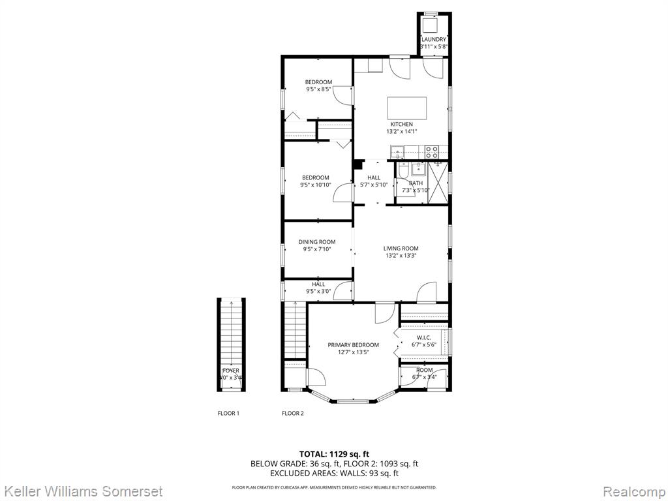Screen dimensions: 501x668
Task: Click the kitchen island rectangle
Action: point(407,106)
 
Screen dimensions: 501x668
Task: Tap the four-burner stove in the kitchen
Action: point(431,152)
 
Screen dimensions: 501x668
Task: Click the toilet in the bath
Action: point(402,172)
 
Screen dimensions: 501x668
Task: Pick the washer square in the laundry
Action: point(431,25)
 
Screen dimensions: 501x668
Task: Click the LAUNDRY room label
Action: point(434,40)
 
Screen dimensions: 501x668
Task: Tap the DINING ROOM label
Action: point(317,242)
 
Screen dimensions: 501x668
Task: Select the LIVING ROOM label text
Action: point(401,248)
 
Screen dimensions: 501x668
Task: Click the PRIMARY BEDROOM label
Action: point(353,345)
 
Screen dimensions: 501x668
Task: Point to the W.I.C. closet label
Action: point(424,337)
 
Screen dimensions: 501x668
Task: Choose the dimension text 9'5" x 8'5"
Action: point(318,89)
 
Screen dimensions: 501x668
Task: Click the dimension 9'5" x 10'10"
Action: point(316,185)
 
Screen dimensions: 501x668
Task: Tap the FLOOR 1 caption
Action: point(228,413)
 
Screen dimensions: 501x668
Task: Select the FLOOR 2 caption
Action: point(292,413)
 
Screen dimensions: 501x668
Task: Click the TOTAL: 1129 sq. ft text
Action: point(334,454)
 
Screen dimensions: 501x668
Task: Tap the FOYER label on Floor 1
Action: point(231,371)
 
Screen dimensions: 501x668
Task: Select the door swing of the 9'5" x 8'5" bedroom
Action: point(342,96)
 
